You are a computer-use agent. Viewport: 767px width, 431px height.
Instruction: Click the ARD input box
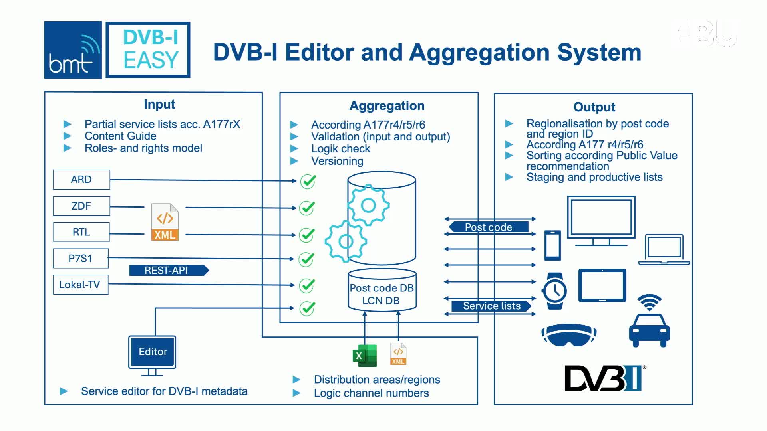(x=81, y=180)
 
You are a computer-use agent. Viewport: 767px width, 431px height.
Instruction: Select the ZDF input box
(x=81, y=206)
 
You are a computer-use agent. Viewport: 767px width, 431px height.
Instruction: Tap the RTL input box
(x=81, y=232)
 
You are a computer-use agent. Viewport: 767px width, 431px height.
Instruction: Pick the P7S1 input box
(x=81, y=259)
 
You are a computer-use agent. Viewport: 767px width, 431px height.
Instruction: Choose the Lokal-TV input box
(x=81, y=285)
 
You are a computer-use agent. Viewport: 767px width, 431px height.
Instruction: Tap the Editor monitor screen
(x=152, y=352)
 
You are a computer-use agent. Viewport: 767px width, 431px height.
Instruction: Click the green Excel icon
(x=365, y=356)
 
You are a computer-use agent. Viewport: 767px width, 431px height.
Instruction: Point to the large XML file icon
(x=165, y=222)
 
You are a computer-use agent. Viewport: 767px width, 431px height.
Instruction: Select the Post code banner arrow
(x=489, y=227)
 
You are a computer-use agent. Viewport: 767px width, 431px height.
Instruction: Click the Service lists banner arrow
(x=491, y=306)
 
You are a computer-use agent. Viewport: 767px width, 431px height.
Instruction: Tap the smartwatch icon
(x=554, y=291)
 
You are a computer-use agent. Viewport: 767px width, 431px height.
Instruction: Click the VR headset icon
(x=569, y=335)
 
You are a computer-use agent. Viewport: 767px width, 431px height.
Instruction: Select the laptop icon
(x=664, y=250)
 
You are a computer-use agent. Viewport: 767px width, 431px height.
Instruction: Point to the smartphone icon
(x=553, y=245)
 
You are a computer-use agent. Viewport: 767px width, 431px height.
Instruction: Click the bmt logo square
(x=73, y=50)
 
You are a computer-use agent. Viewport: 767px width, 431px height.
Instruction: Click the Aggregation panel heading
(x=387, y=106)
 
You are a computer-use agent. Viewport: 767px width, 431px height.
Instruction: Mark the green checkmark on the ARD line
(x=308, y=181)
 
